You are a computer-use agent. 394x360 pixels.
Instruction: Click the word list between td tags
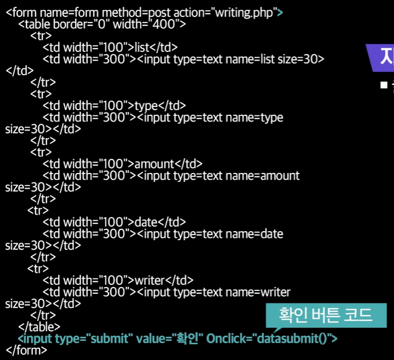(x=144, y=47)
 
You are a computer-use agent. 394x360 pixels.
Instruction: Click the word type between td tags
(x=148, y=105)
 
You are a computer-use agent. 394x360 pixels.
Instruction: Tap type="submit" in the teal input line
(x=93, y=339)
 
